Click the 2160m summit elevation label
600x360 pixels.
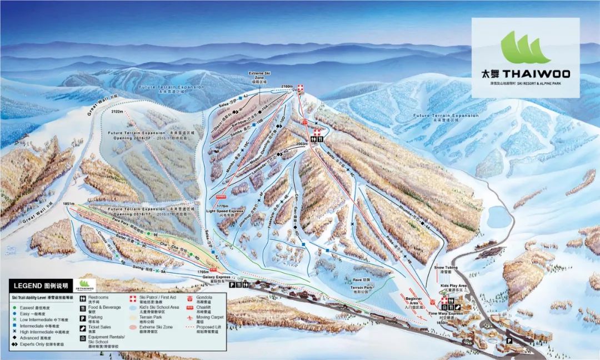click(x=287, y=86)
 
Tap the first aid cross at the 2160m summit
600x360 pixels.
click(x=301, y=88)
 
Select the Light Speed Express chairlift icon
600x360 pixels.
click(x=221, y=197)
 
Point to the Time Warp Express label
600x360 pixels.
click(x=446, y=314)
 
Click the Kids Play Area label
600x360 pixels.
click(x=454, y=286)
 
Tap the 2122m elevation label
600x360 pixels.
click(x=117, y=112)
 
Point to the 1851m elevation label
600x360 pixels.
click(x=69, y=204)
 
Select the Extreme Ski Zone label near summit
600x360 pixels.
click(x=259, y=77)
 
